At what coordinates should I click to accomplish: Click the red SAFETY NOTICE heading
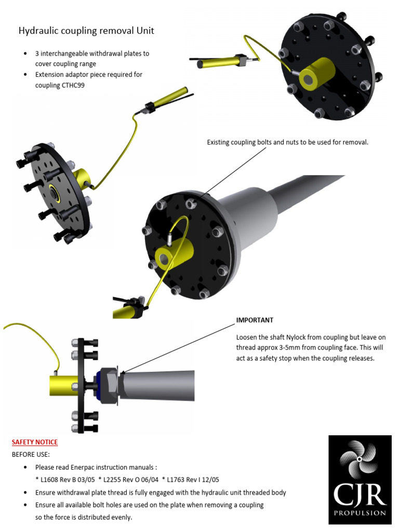coord(35,442)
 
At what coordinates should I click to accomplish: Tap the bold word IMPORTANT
coord(255,320)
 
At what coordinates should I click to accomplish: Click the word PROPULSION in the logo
coord(360,513)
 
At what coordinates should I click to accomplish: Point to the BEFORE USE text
coord(31,455)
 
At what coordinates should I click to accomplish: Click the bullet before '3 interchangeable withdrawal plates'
coord(26,54)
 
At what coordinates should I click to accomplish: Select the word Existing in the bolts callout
coord(219,142)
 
